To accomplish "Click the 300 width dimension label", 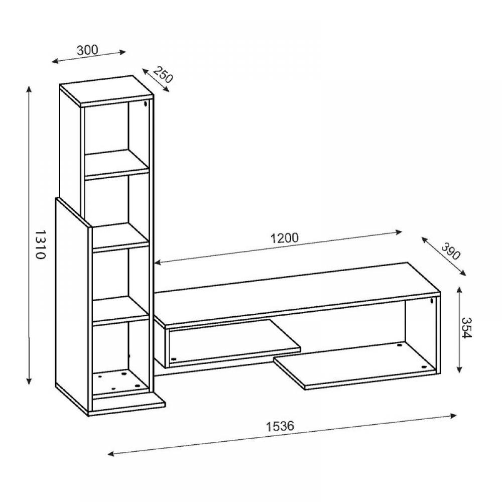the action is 87,50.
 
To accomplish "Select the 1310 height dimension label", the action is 40,244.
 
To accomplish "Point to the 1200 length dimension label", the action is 285,237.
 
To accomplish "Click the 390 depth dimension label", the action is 451,251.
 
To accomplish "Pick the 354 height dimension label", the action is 466,327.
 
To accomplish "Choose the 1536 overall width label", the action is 280,426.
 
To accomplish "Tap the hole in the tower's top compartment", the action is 146,104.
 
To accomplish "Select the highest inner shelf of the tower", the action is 117,163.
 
